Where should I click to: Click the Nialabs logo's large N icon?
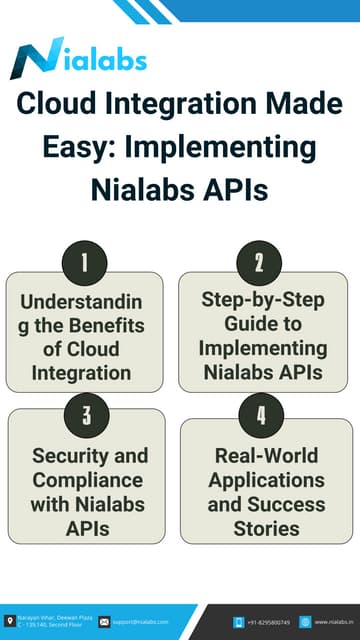32,61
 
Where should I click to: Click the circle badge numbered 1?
85,263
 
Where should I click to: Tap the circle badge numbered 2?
259,263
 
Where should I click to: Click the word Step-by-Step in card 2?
263,300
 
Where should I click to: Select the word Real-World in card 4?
266,455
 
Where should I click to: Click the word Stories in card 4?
266,527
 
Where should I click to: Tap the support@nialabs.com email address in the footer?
141,622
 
